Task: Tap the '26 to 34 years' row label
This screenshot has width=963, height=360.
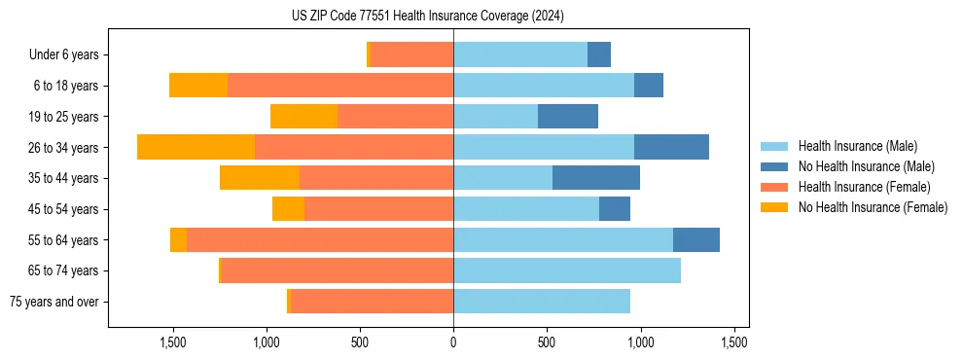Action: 63,148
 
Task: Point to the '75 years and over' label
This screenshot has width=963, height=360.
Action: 54,302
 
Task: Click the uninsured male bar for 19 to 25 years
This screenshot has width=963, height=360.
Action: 568,117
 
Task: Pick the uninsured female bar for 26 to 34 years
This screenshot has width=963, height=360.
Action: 196,148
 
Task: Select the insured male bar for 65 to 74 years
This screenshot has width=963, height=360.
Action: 567,270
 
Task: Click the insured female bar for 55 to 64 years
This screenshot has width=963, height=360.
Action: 320,240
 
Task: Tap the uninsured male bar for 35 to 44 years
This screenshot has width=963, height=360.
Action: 596,178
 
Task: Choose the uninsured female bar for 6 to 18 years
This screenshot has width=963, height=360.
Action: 198,86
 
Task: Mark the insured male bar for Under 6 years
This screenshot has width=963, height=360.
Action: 520,54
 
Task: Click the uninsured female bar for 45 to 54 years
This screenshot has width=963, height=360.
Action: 288,209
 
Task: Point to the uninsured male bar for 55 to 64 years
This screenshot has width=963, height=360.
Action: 696,240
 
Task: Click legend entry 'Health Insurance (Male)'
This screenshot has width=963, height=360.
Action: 857,147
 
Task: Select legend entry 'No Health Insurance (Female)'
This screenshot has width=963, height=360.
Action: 873,206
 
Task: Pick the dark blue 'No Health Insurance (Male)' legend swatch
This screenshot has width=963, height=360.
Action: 774,166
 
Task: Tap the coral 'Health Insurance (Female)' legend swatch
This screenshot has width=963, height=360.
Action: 774,187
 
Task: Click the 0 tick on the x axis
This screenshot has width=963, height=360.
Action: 453,342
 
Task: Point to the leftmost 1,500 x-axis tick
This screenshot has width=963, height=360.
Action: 173,342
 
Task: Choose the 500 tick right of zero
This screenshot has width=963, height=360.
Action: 547,342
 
